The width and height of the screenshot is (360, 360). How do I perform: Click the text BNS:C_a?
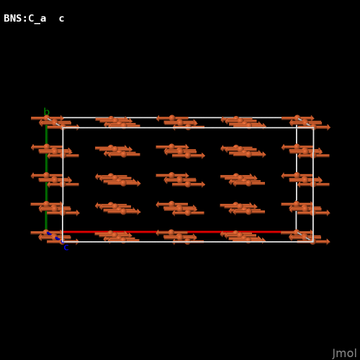(x=25, y=19)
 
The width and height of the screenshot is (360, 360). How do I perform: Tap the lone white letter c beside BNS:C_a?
(x=61, y=19)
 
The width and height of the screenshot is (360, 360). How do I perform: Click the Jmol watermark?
(x=344, y=354)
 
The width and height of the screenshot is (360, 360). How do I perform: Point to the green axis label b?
(x=47, y=112)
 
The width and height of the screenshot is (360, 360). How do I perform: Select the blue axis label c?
(x=66, y=248)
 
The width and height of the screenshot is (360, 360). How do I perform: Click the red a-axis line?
(x=171, y=232)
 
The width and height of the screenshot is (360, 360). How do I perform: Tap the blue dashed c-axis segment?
(x=55, y=237)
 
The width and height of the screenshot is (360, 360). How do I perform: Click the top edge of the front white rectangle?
(x=188, y=127)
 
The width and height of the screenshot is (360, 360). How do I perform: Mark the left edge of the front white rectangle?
(x=63, y=184)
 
